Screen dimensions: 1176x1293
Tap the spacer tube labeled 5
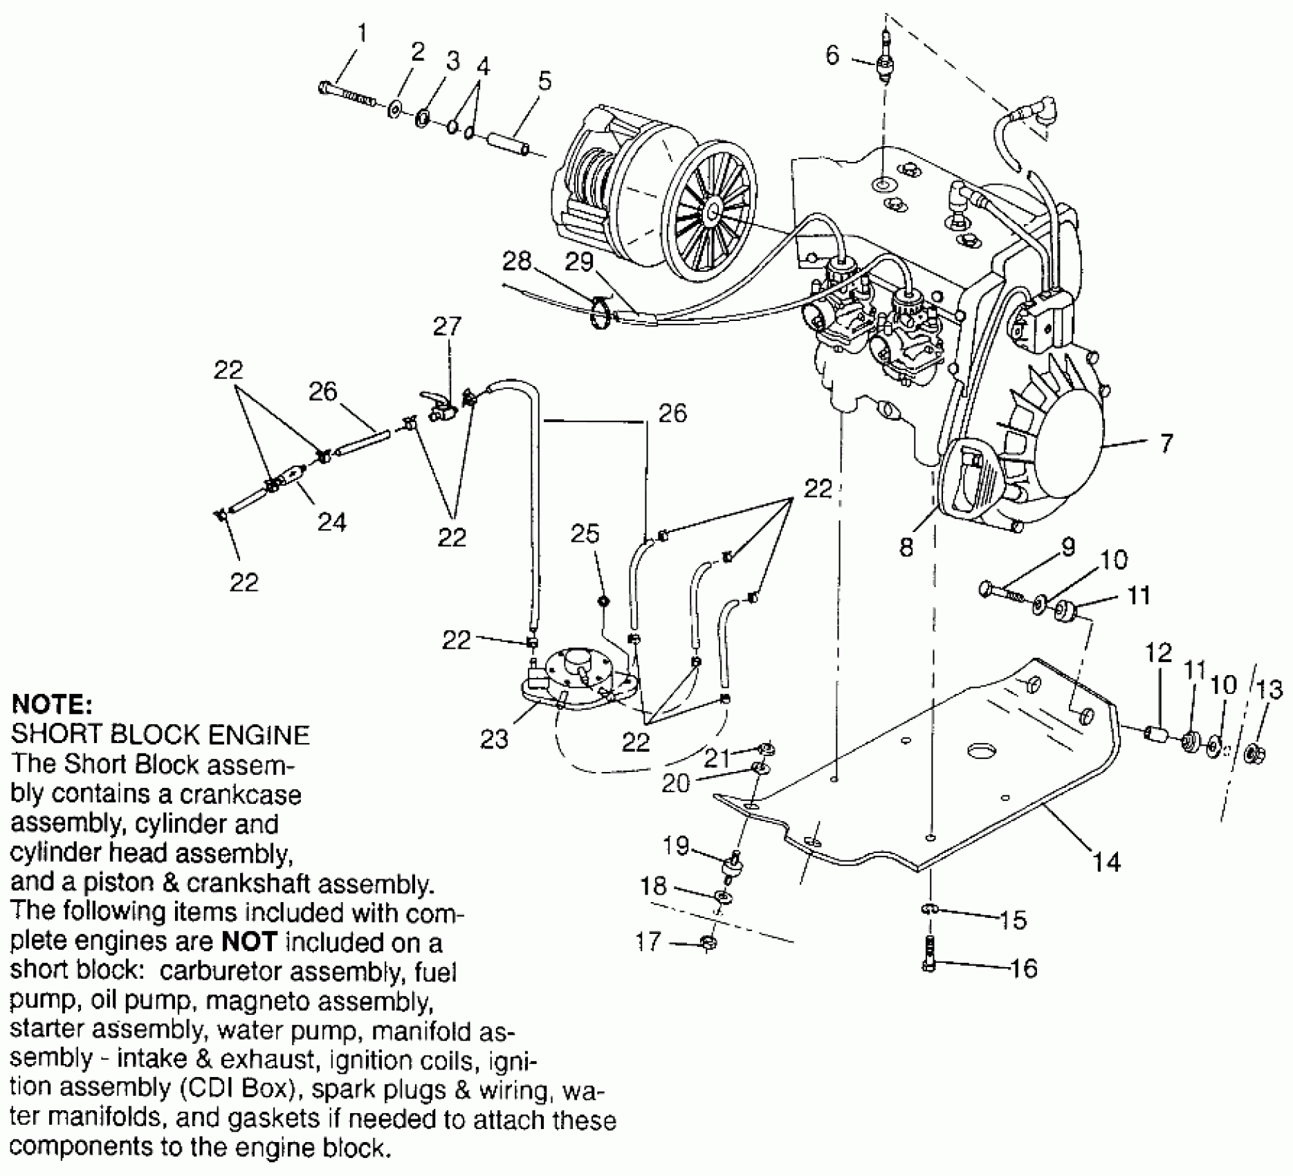[508, 141]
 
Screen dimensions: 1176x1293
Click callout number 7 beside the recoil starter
[1166, 443]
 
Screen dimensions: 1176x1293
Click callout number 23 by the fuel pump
[495, 739]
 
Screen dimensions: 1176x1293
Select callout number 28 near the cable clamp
[517, 261]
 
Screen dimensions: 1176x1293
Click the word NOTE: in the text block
[52, 705]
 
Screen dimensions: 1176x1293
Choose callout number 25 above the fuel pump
[585, 534]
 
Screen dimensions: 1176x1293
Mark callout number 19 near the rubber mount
[676, 845]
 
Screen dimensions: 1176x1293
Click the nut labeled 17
[708, 942]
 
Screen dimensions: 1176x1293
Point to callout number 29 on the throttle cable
[579, 261]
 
